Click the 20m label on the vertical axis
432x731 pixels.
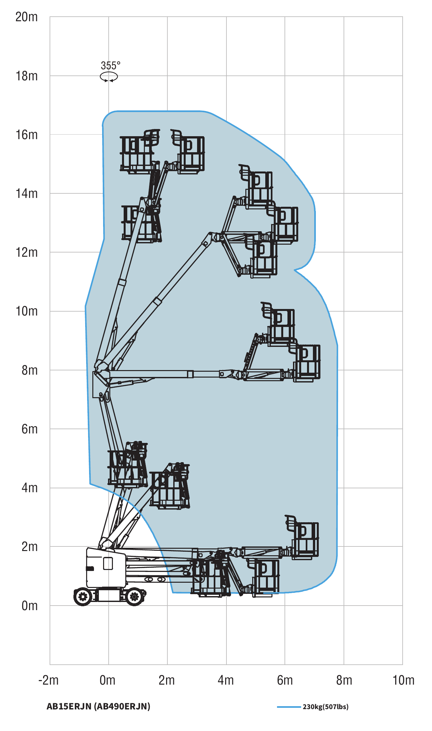point(26,17)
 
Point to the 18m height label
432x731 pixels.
point(26,76)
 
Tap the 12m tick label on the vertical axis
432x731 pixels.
point(26,252)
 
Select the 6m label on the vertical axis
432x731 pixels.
point(29,429)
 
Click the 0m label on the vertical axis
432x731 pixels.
point(29,606)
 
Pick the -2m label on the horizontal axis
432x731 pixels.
point(49,680)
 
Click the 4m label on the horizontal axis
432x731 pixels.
point(226,680)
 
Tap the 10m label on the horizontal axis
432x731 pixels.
point(403,680)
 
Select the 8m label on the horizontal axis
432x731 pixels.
point(344,680)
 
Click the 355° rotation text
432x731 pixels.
point(110,66)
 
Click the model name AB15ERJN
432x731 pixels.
point(69,706)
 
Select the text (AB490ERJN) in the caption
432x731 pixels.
point(122,706)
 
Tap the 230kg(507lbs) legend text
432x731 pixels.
point(326,707)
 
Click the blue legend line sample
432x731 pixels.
point(289,707)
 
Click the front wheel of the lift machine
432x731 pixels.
point(134,597)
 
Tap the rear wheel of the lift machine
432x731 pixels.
point(83,597)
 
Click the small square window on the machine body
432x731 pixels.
point(108,563)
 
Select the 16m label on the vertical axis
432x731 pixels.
point(26,135)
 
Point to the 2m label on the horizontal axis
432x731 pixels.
point(167,680)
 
